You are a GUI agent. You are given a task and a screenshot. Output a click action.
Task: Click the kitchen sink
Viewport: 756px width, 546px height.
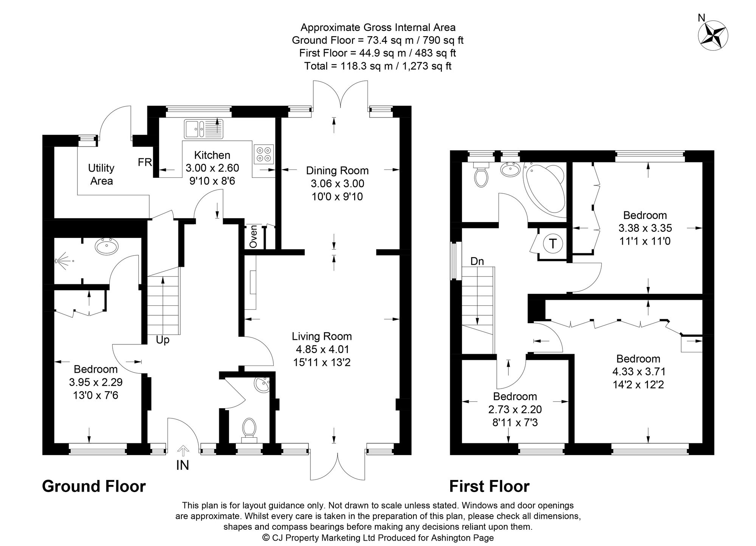(203, 129)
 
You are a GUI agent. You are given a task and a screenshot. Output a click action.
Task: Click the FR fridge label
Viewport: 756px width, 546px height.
(145, 163)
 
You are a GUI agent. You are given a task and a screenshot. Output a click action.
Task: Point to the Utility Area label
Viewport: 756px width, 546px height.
(101, 174)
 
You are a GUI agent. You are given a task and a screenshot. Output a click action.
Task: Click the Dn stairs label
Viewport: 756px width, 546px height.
(477, 261)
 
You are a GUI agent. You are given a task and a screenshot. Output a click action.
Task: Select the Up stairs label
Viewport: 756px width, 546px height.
(163, 340)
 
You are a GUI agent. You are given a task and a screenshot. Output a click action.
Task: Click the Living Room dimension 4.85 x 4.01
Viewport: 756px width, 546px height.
(322, 349)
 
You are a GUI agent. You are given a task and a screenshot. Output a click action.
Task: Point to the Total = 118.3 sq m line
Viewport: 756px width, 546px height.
(378, 66)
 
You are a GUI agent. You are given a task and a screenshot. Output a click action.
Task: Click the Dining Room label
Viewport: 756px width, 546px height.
(337, 171)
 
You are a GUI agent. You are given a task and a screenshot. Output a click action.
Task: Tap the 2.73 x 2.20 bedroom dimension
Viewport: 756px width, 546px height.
(515, 409)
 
